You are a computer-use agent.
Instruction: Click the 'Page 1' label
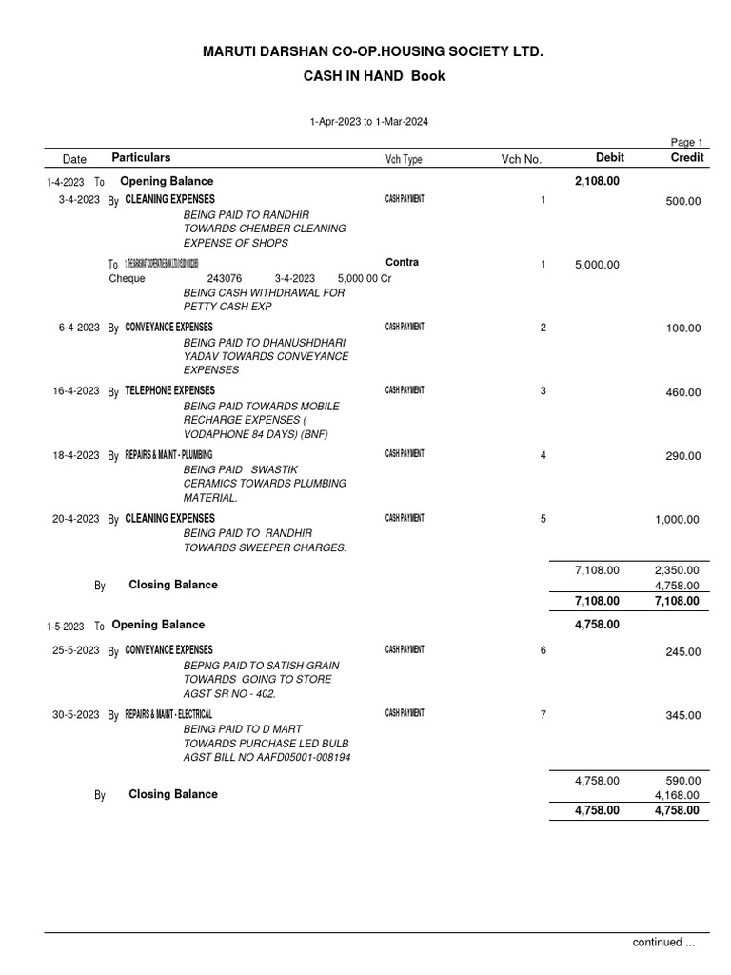tap(687, 142)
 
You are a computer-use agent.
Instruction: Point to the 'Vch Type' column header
tap(404, 159)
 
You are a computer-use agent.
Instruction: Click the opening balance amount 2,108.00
tap(597, 181)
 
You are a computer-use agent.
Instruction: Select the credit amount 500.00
tap(682, 201)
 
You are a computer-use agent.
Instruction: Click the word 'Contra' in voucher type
tap(402, 262)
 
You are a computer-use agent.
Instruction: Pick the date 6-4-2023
tap(79, 328)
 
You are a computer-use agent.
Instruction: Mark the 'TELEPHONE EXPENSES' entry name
tap(169, 390)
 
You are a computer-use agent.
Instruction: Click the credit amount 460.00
tap(682, 392)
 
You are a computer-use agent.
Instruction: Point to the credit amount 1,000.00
tap(677, 520)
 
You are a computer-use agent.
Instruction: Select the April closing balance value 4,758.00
tap(677, 586)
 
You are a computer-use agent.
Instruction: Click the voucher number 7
tap(543, 715)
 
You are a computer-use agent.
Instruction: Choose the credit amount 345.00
tap(682, 716)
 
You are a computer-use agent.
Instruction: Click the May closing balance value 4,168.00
tap(677, 795)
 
